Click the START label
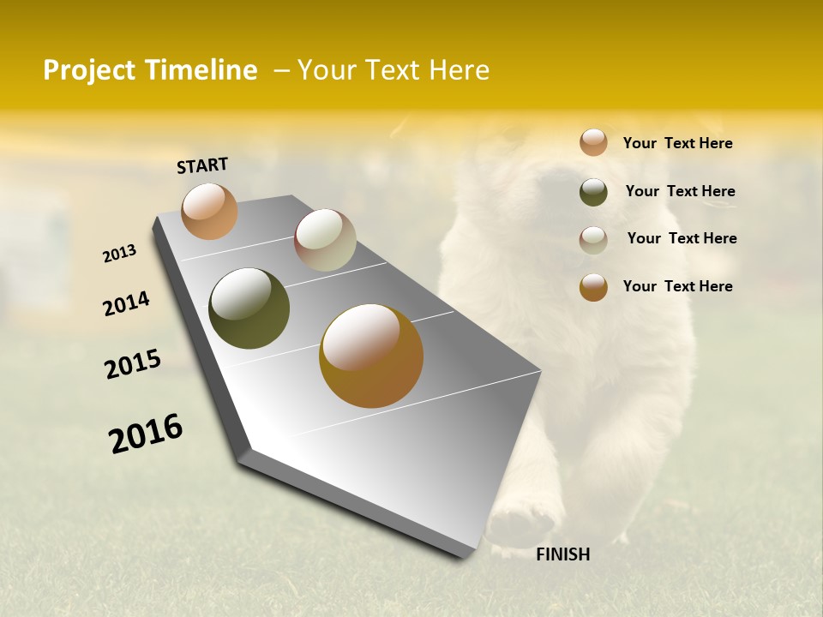[202, 165]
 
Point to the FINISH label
[562, 554]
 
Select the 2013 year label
[119, 254]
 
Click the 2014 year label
[126, 303]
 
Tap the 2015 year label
[133, 364]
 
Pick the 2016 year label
[146, 434]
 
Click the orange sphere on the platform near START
[209, 212]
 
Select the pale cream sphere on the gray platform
[325, 240]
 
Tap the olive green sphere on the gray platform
[249, 308]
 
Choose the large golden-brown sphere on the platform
[371, 356]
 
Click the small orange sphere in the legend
[593, 142]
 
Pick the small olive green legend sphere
[593, 192]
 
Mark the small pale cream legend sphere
[593, 240]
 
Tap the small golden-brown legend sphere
[593, 287]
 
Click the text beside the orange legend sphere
[677, 144]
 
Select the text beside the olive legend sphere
[680, 191]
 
